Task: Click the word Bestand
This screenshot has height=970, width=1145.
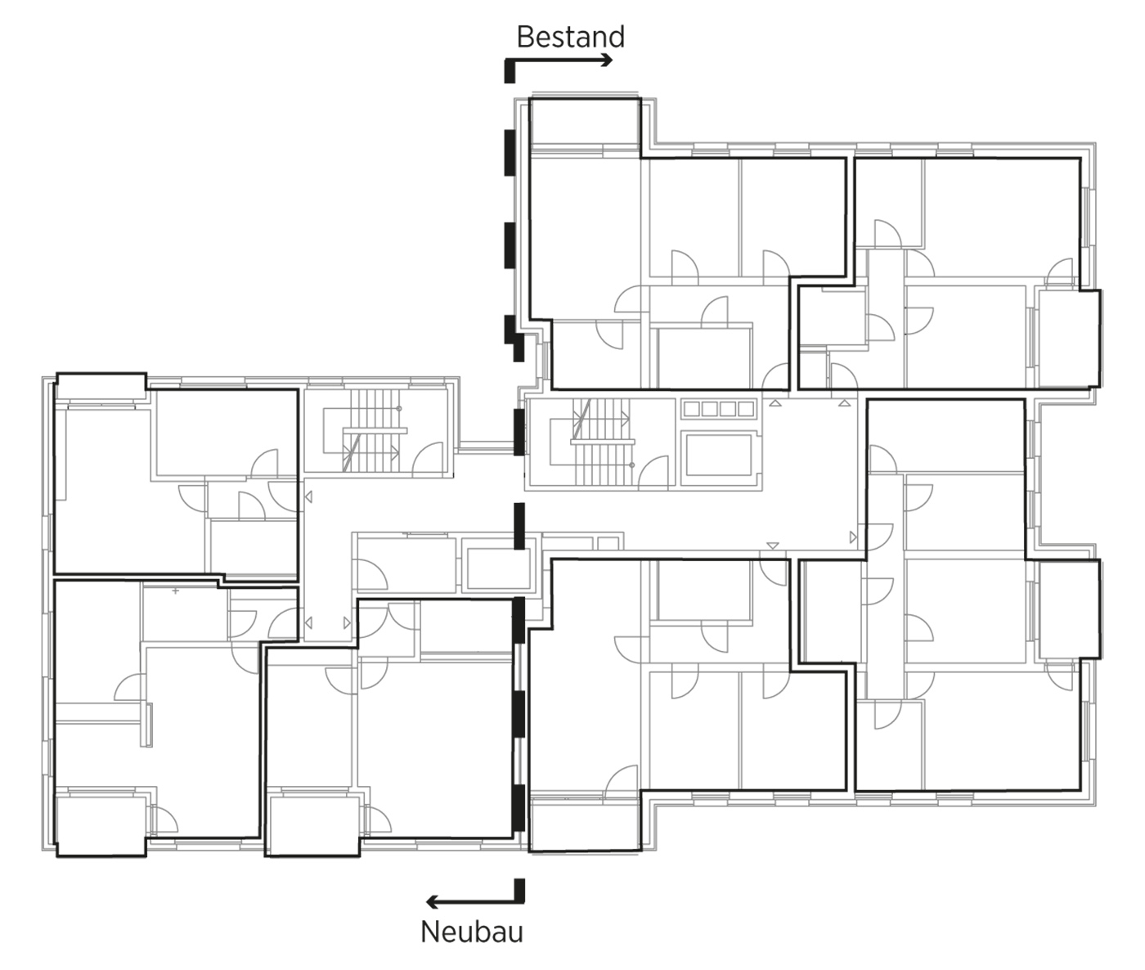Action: pos(571,37)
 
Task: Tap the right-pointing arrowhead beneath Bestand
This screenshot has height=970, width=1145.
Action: pos(608,60)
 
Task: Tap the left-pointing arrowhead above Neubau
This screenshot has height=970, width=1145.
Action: pos(432,901)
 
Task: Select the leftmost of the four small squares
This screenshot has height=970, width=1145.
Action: pos(692,409)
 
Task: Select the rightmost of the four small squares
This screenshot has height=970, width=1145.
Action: pos(746,409)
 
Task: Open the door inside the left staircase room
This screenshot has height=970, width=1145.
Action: pos(429,460)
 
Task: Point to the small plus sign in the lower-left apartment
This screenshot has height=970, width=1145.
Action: pos(176,591)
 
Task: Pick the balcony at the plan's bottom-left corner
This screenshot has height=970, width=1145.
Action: pos(101,826)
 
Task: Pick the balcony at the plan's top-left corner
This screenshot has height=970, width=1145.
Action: pos(101,385)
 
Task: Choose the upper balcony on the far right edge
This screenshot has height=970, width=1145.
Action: pos(1069,338)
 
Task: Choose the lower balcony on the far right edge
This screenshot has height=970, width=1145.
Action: pos(1069,608)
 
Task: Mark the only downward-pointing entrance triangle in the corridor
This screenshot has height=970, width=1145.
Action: pos(773,546)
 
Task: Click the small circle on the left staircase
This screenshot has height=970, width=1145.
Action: pos(399,409)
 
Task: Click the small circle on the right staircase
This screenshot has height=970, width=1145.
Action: pos(631,465)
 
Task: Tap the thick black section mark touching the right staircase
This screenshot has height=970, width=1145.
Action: pos(519,432)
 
